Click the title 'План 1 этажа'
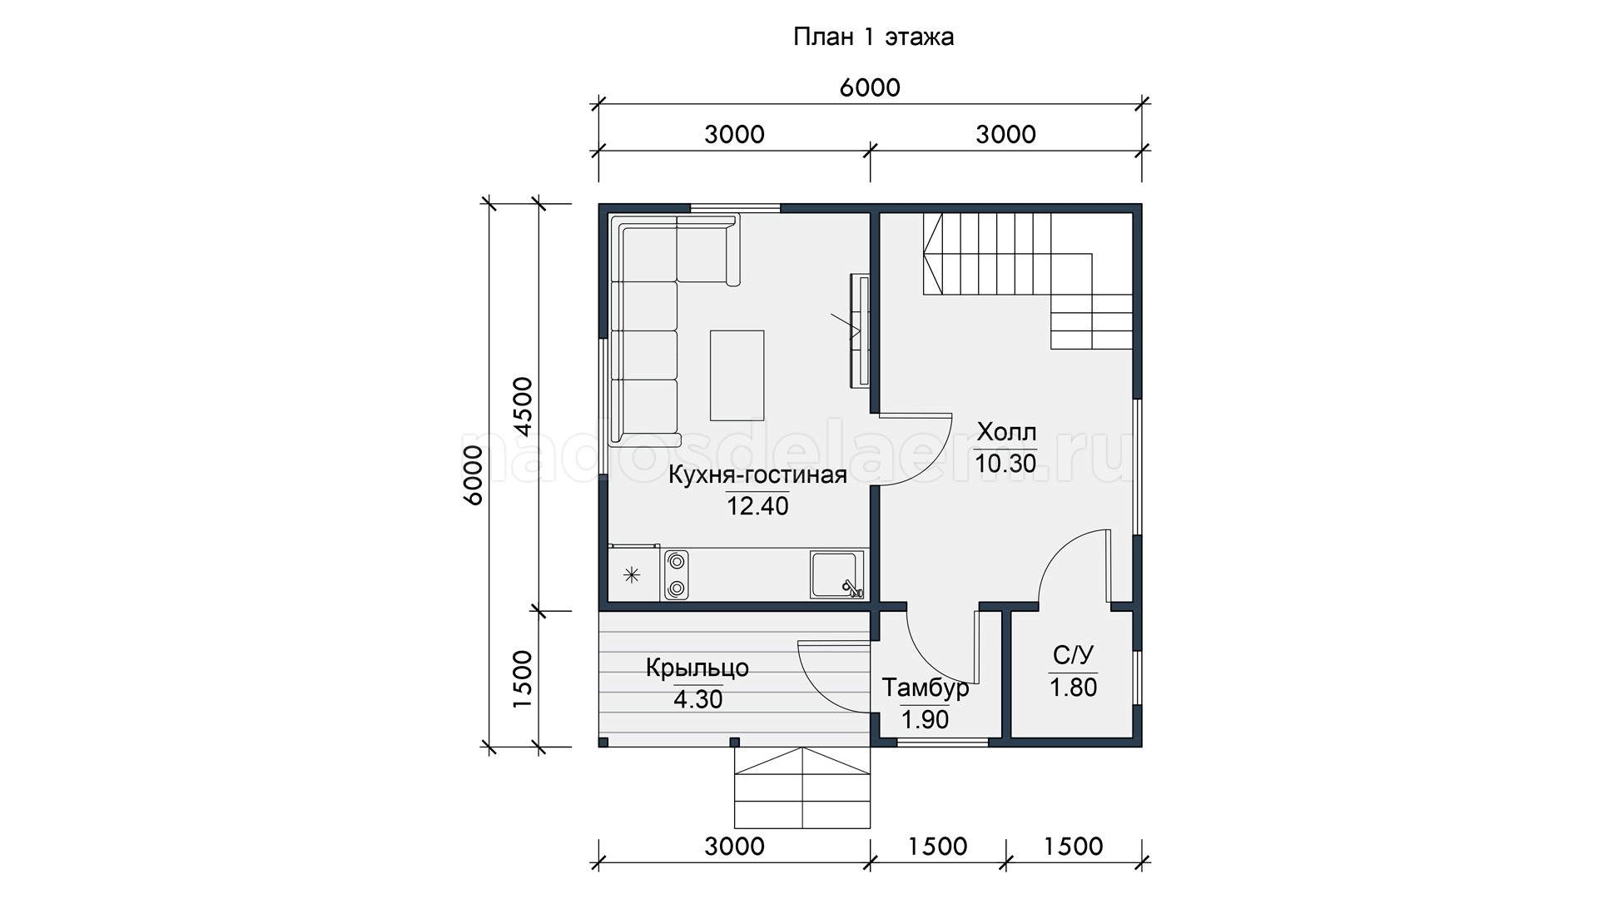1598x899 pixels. pos(873,37)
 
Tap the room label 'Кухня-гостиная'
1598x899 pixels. pos(758,475)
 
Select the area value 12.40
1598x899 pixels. pos(758,506)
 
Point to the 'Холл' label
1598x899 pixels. pos(1006,432)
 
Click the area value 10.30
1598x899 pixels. pos(1006,464)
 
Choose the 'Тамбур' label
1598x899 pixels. pos(926,688)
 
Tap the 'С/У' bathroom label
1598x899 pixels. pos(1073,658)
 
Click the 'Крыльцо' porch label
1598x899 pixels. pos(697,668)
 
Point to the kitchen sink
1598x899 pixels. pos(837,574)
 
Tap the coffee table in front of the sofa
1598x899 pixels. pos(737,375)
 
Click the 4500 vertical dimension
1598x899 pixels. pos(523,406)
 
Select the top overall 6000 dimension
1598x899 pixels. pos(870,87)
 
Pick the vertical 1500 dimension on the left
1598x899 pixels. pos(523,678)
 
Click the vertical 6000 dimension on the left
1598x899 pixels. pos(473,475)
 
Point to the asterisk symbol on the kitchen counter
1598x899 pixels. pos(633,574)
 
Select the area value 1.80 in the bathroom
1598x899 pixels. pos(1073,688)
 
